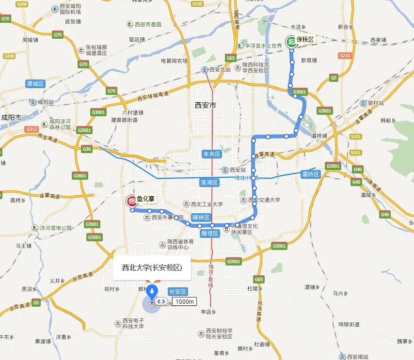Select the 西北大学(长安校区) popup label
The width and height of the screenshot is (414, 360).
152,267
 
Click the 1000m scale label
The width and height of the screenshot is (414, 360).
185,301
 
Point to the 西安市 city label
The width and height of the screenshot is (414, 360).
205,105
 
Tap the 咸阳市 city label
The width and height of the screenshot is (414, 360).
11,118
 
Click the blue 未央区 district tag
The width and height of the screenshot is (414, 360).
211,154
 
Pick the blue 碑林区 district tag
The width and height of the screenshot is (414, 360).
201,218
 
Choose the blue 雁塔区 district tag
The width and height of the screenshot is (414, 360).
211,233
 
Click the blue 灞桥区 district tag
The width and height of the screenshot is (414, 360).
309,174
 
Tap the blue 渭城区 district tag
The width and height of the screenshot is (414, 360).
35,84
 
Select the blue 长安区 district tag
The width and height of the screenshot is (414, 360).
177,292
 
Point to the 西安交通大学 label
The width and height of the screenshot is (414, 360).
264,200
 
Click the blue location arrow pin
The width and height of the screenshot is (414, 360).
152,292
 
